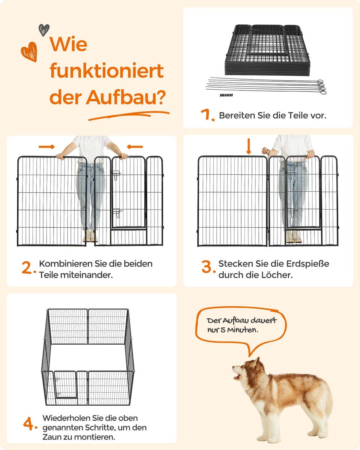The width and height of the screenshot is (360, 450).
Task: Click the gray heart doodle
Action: coord(44,30)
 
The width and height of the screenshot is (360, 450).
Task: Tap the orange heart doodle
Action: coord(29,52)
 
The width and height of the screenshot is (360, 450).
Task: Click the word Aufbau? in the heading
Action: coord(126,97)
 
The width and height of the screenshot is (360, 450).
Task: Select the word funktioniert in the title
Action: coord(106,70)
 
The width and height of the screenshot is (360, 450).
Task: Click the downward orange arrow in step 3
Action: coord(249,146)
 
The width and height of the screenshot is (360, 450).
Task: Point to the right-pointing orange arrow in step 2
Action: coord(46,147)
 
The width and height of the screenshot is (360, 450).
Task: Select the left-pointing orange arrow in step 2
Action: coord(135,147)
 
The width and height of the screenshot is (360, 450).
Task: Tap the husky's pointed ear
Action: coord(256,361)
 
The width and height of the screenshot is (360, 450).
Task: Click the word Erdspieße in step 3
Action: coord(307,264)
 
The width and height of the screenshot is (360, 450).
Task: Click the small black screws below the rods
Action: coord(226,95)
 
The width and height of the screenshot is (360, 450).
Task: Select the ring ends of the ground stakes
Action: coord(322,87)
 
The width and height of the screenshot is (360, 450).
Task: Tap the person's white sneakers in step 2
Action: coord(90,236)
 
